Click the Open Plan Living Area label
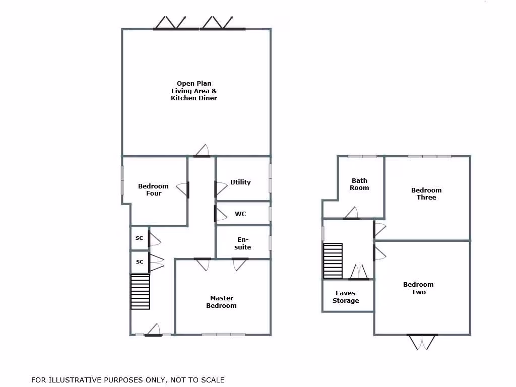194,91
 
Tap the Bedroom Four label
153,189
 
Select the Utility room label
240,182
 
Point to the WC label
240,214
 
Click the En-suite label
243,243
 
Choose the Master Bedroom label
221,302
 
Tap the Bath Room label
360,184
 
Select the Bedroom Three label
426,193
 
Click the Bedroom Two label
418,288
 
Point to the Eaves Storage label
346,297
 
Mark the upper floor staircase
333,261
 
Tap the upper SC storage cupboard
140,238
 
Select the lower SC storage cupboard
140,262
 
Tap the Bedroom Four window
122,180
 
